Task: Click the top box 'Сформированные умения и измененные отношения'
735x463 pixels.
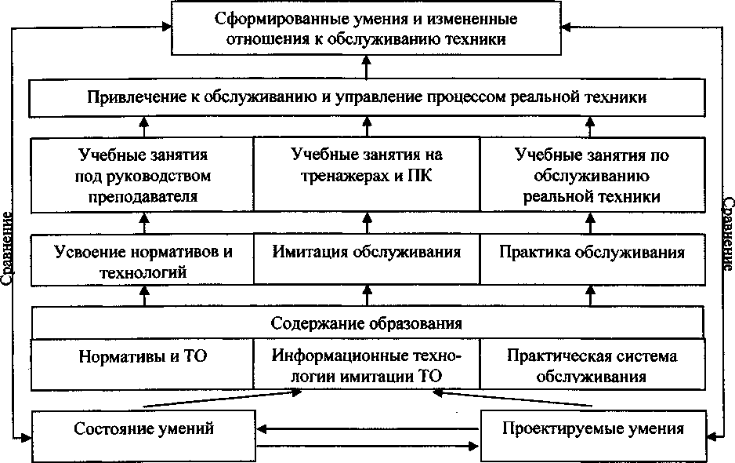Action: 367,28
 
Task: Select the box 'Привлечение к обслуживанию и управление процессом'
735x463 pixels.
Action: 367,97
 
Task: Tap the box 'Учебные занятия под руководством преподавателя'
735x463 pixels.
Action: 143,175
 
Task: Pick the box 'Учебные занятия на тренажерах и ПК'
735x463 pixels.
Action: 367,166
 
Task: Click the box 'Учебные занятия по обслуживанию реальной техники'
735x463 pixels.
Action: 592,175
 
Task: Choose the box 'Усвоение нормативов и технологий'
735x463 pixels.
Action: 143,262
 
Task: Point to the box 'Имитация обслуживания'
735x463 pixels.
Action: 367,253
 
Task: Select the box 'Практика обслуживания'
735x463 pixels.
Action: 592,253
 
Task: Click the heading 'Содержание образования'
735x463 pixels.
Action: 367,323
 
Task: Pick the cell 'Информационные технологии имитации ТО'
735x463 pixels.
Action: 367,366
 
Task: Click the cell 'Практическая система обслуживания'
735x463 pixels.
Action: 592,366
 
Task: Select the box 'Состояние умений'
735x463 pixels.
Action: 144,429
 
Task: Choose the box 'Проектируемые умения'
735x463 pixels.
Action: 592,429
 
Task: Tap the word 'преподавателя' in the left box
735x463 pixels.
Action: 143,195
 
